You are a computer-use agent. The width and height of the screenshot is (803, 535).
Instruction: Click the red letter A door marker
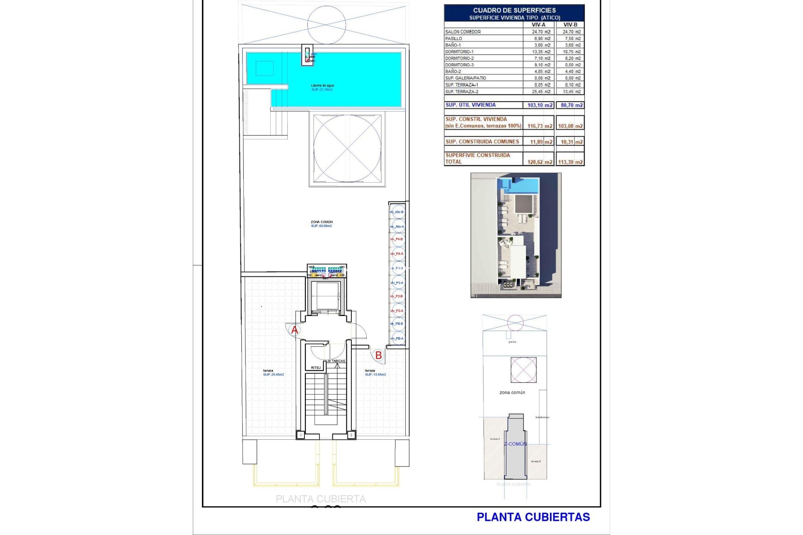pos(294,330)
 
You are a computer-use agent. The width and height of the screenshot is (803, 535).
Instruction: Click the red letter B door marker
pos(378,356)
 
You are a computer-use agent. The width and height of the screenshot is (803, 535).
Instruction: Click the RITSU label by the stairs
pos(316,368)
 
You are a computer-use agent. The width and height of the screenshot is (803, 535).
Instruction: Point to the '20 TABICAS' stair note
pos(336,361)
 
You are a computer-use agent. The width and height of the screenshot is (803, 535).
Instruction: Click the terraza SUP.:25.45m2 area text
pos(274,374)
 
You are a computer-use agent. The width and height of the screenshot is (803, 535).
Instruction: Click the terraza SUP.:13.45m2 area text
pos(375,374)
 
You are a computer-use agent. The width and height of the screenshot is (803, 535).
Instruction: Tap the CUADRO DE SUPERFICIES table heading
pos(514,10)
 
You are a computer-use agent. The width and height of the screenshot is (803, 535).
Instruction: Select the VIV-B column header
pos(570,25)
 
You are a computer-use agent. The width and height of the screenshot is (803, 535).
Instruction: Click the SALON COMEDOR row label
pos(463,32)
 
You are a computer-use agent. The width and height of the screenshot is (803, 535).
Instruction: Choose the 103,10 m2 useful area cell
pos(540,105)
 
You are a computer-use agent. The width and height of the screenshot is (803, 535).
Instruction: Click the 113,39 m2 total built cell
pos(570,162)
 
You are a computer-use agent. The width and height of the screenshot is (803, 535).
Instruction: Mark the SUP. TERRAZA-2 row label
pos(462,92)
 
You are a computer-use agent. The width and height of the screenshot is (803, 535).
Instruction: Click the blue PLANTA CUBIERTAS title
pos(533,517)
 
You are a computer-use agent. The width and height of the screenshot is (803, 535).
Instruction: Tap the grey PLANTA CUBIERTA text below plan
pos(321,499)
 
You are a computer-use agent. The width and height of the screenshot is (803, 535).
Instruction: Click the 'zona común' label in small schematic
pos(512,392)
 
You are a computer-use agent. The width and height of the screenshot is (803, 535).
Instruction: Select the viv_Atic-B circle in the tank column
pos(397,212)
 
